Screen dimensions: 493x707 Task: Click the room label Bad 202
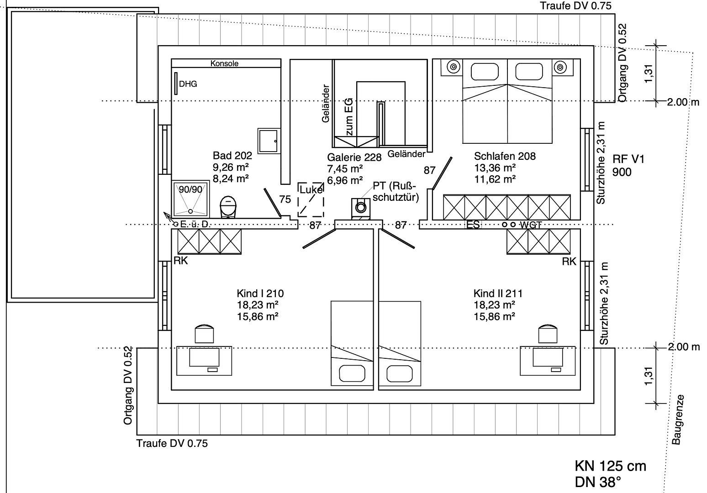click(232, 156)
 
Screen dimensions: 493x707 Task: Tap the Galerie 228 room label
click(354, 157)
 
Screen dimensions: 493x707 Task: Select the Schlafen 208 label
click(505, 156)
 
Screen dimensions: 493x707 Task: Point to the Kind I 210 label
click(260, 294)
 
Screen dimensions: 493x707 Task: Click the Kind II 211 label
click(498, 294)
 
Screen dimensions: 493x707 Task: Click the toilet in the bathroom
click(228, 207)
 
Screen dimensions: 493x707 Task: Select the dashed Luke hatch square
click(311, 200)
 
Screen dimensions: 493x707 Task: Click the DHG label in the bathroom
click(188, 84)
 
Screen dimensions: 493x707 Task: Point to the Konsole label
click(224, 63)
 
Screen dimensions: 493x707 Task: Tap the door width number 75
click(285, 199)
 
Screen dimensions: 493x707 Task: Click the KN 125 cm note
click(610, 466)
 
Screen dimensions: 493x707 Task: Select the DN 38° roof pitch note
click(598, 482)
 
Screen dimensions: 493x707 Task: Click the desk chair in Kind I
click(204, 334)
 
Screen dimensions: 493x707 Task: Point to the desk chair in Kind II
click(548, 334)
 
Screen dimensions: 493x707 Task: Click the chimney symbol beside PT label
click(360, 208)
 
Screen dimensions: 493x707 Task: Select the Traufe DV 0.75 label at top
click(575, 5)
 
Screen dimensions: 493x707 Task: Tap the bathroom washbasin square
click(268, 141)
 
